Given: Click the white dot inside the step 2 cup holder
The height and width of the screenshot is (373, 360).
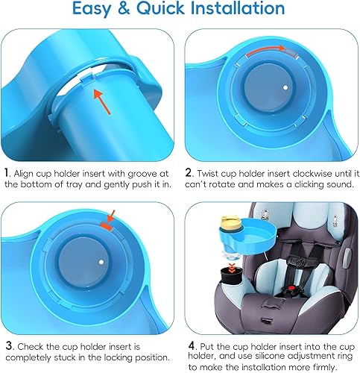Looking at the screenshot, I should tap(285, 88).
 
